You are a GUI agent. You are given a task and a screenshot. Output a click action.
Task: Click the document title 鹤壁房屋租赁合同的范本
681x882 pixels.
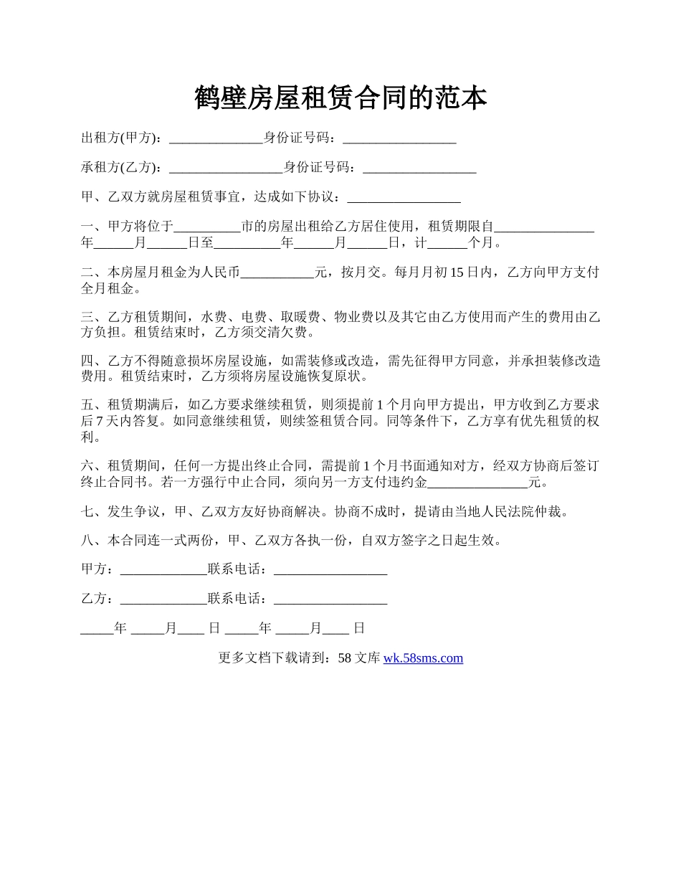(340, 98)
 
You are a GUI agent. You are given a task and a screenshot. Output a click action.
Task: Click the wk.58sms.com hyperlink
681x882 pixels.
(423, 658)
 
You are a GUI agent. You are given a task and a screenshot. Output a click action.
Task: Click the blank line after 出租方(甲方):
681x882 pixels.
(216, 140)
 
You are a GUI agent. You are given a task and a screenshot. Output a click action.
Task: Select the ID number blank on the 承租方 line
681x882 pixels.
(419, 169)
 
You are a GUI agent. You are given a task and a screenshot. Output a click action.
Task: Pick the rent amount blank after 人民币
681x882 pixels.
(278, 274)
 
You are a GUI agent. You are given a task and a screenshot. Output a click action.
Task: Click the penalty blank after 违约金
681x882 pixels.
(477, 483)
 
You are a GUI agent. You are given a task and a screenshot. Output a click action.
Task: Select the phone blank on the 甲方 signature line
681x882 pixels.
(330, 571)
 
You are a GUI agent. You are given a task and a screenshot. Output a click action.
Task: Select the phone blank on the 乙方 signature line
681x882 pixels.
(330, 600)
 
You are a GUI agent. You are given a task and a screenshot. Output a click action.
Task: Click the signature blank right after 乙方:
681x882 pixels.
(164, 600)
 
